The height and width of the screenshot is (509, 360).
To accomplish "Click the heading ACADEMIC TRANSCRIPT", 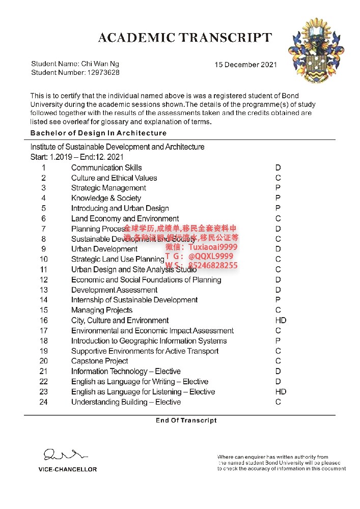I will (185, 38).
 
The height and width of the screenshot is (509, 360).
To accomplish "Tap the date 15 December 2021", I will (245, 65).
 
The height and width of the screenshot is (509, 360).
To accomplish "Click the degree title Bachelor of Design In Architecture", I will (98, 133).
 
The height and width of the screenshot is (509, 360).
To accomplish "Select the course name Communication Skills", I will (106, 167).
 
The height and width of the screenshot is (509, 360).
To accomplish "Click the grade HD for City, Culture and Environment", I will (281, 320).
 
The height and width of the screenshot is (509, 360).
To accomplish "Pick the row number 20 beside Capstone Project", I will (44, 361).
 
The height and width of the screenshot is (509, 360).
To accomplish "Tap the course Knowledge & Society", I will (106, 198).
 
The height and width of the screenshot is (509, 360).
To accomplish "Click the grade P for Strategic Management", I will (278, 188).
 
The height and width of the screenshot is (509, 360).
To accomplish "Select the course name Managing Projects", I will (102, 310).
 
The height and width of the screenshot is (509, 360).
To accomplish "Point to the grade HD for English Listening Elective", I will (281, 391).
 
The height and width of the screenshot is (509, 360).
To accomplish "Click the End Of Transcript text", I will (186, 420).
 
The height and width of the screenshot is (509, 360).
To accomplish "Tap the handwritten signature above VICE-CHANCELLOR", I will (65, 454).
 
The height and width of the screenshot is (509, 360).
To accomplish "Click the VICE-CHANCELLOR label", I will (68, 469).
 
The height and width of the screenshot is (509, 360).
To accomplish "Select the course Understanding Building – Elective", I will (126, 402).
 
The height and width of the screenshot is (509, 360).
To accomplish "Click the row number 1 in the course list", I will (44, 167).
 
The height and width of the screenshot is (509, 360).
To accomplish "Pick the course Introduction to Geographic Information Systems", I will (149, 341).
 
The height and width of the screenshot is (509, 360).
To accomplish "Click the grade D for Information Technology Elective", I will (278, 371).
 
